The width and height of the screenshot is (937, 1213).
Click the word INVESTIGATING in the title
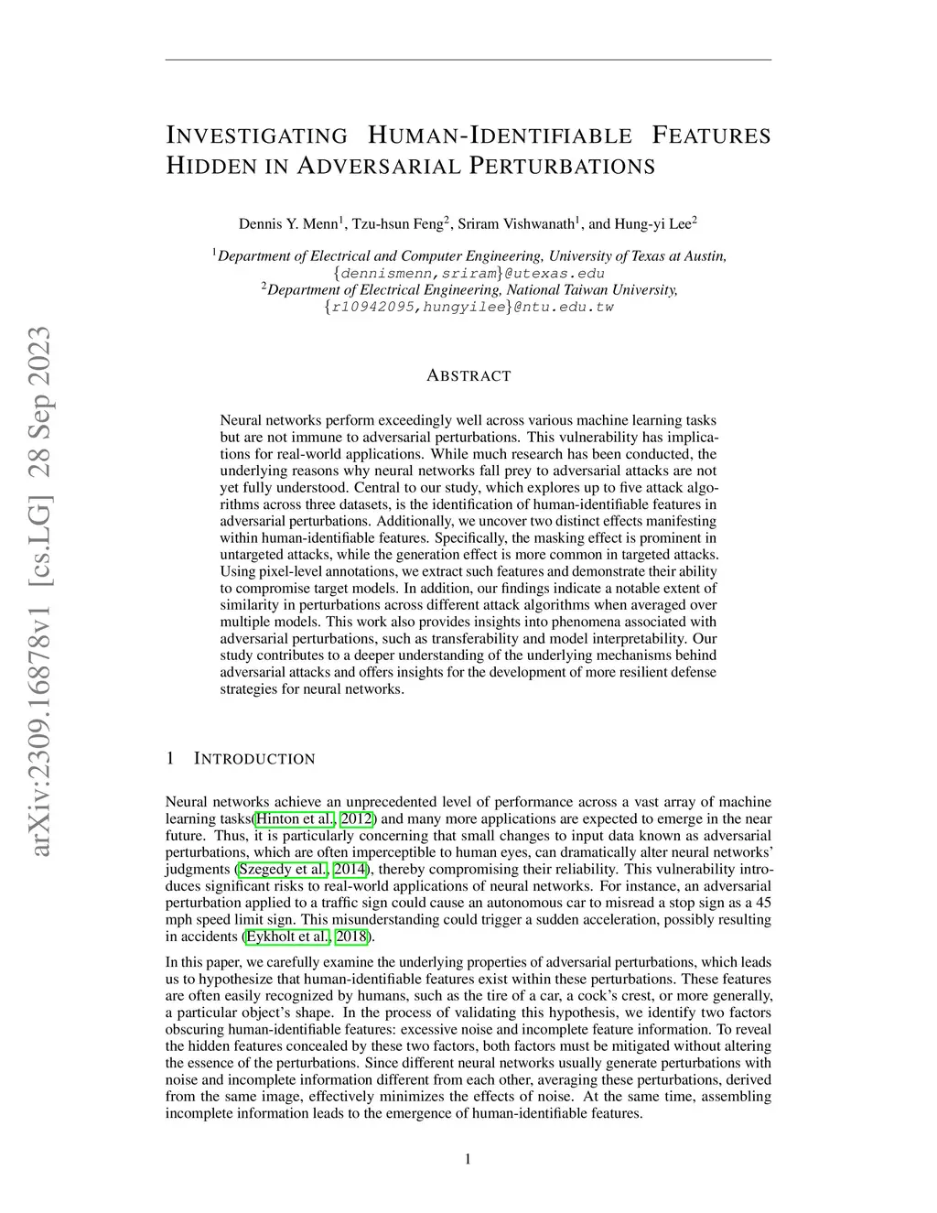(257, 136)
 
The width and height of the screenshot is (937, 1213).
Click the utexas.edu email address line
(468, 273)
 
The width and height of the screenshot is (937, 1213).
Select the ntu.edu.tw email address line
(468, 307)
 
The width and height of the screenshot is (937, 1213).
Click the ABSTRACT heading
(468, 375)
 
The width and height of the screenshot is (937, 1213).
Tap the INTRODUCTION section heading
(254, 759)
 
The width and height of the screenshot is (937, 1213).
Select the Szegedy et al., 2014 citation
(303, 869)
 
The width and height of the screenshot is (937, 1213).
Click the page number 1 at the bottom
(468, 1160)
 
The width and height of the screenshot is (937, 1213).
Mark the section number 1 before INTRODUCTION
(170, 759)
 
